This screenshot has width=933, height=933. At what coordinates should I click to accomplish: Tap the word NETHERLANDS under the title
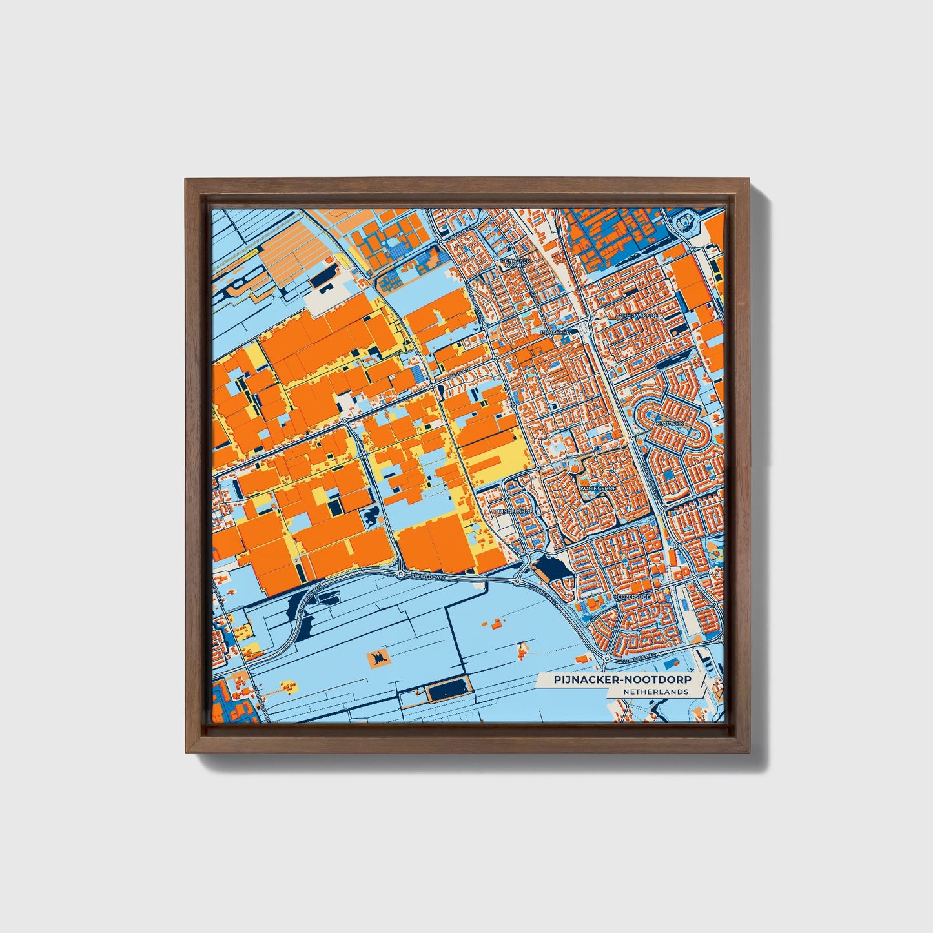point(655,692)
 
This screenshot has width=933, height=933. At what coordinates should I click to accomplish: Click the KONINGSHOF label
point(597,489)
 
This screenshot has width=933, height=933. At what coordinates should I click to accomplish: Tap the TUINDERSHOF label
point(514,511)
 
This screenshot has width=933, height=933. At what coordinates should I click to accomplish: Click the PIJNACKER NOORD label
point(517,263)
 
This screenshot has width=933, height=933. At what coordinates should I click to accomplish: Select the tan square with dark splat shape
point(378,658)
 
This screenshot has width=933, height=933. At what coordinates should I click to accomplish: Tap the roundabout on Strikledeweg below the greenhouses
point(400,573)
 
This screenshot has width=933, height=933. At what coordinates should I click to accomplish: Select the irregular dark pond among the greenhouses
point(373,517)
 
